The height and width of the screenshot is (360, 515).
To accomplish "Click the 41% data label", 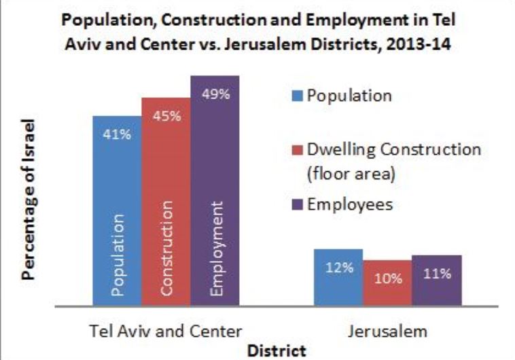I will [112, 134].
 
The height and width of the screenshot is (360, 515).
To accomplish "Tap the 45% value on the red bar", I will [166, 116].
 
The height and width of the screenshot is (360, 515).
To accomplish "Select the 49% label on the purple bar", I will [215, 94].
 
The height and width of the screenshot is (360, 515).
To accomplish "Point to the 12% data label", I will [338, 268].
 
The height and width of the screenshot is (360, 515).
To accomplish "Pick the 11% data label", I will [436, 274].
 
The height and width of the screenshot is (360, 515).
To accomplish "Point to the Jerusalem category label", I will [387, 332].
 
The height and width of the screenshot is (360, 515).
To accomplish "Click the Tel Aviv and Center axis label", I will [166, 332].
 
